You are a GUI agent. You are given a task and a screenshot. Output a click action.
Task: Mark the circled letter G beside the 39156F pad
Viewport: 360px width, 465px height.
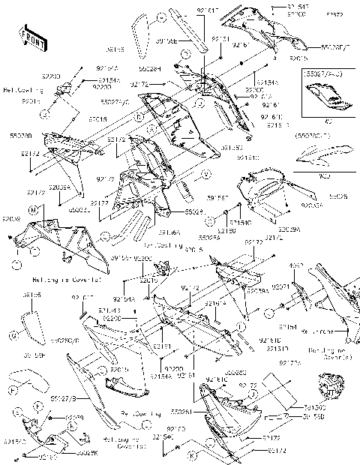click(13, 334)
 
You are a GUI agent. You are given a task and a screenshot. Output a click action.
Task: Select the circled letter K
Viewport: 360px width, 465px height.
click(192, 456)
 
